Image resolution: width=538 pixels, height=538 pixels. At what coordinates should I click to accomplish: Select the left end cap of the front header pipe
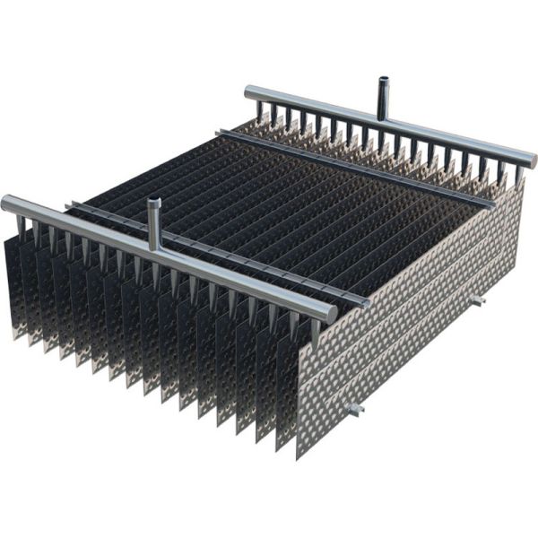click(x=7, y=204)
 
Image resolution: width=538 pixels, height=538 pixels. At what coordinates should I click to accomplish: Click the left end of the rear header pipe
click(x=250, y=91)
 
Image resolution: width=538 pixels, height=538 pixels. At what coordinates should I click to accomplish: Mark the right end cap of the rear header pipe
click(x=532, y=161)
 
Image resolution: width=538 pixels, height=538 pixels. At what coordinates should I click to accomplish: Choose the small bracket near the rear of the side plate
click(x=477, y=299)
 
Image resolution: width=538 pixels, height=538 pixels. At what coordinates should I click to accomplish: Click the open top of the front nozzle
click(x=154, y=202)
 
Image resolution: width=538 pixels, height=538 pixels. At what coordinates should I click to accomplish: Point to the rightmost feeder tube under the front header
click(x=314, y=332)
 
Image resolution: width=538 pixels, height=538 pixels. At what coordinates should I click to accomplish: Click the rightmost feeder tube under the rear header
click(x=517, y=175)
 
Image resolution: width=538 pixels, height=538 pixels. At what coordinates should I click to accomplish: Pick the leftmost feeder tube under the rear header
click(x=261, y=109)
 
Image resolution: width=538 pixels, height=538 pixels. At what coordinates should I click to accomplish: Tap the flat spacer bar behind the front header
click(x=215, y=256)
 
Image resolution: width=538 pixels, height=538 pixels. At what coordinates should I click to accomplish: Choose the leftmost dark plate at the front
click(x=13, y=287)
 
